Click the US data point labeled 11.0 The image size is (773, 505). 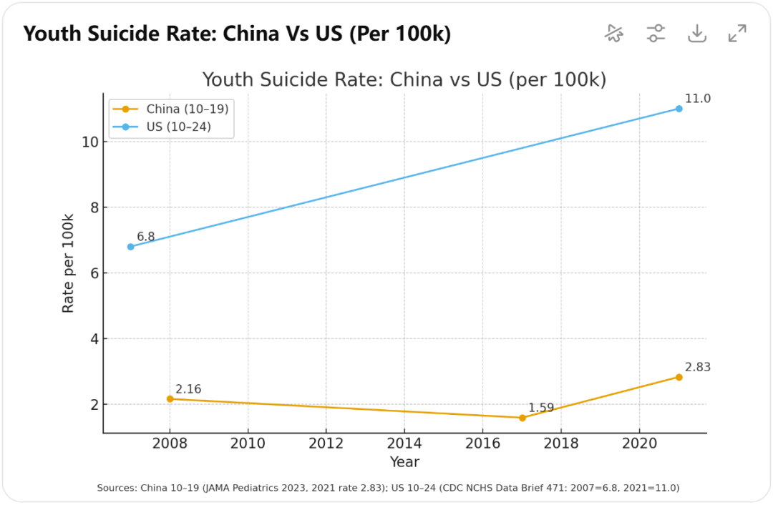click(x=679, y=109)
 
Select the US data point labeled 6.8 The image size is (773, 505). click(x=130, y=247)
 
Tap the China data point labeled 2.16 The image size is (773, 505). click(x=170, y=399)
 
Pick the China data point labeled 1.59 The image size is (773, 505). click(x=522, y=418)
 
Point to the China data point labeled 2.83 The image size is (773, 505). click(x=679, y=377)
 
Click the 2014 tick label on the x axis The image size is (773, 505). click(x=404, y=445)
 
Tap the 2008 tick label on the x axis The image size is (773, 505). click(x=170, y=445)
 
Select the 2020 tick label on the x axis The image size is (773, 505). click(x=640, y=445)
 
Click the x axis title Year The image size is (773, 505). click(x=404, y=462)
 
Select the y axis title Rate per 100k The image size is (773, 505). click(x=69, y=263)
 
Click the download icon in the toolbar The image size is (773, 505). click(x=697, y=33)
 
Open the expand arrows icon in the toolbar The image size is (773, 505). click(x=737, y=33)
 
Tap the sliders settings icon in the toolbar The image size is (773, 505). click(x=656, y=33)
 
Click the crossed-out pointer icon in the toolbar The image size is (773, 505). click(x=614, y=33)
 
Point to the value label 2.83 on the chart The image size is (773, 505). click(x=697, y=368)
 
